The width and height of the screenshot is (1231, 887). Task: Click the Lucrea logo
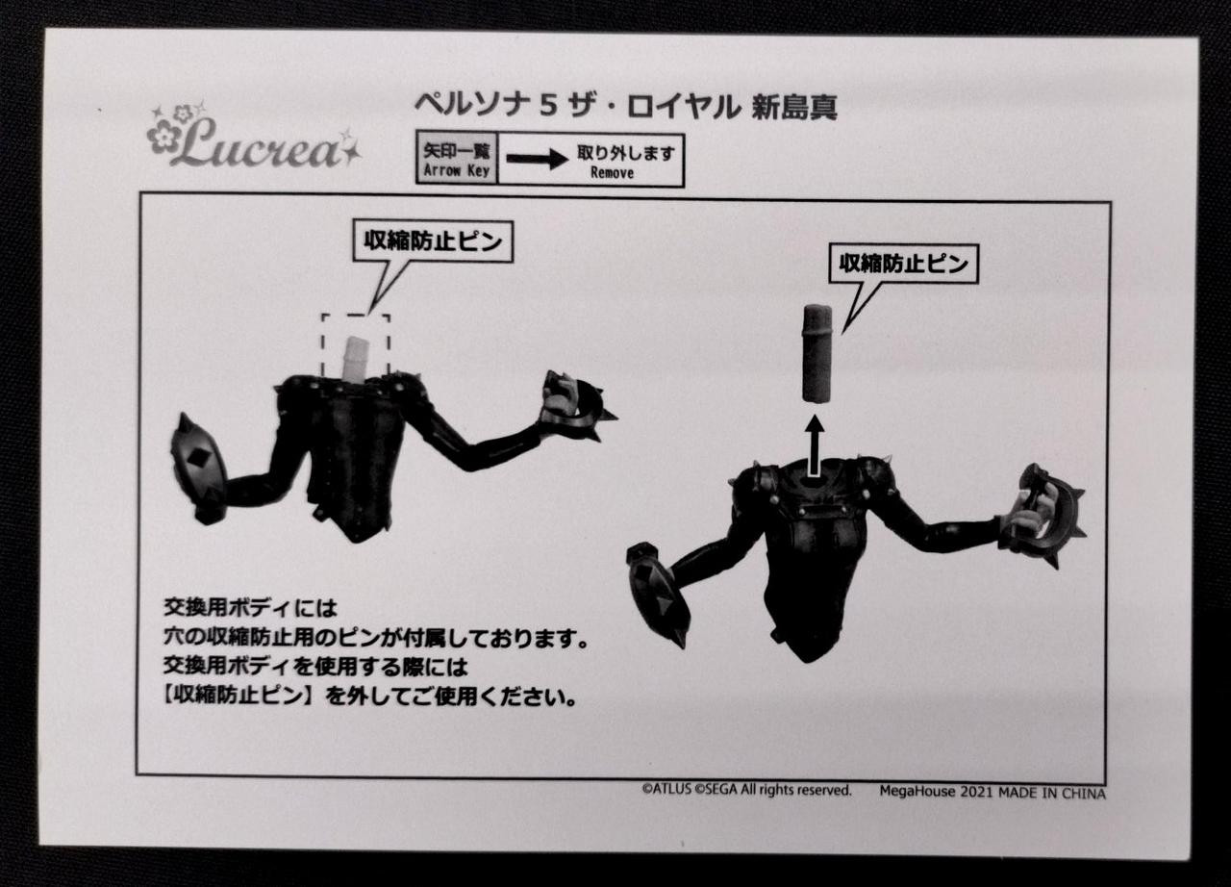(254, 137)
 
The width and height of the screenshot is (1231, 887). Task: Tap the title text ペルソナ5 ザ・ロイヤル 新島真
(625, 107)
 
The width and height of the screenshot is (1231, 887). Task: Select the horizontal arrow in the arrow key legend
(537, 160)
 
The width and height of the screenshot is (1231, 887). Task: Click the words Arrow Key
(456, 170)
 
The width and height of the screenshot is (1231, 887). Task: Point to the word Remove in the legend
(613, 172)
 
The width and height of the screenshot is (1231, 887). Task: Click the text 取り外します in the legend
(625, 153)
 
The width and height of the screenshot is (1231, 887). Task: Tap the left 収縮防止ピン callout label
(433, 241)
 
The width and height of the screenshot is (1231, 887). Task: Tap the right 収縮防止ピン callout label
(903, 265)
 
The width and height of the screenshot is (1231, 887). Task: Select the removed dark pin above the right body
(817, 354)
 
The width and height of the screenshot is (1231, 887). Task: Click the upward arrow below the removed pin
(815, 445)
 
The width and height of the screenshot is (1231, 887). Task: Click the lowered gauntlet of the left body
(199, 469)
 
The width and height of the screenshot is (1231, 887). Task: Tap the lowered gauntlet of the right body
(657, 595)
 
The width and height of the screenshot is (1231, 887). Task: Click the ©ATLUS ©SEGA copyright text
(746, 790)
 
